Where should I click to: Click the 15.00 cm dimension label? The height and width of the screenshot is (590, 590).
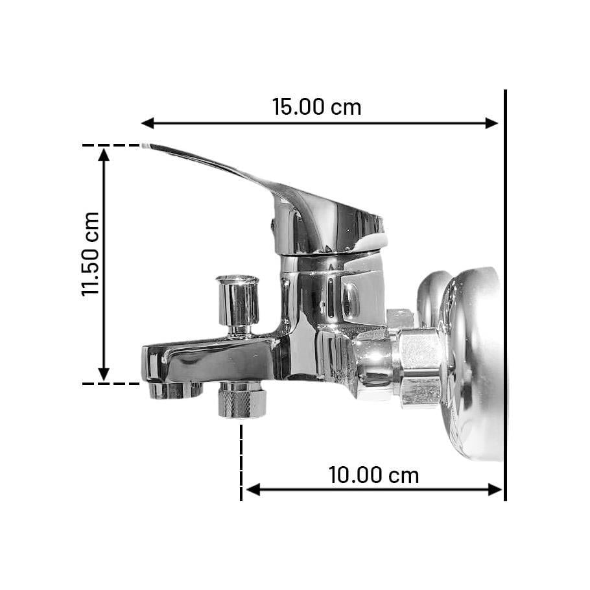(x=316, y=107)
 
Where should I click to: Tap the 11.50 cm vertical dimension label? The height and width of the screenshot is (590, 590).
(x=91, y=254)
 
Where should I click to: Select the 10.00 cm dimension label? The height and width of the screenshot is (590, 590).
(x=373, y=475)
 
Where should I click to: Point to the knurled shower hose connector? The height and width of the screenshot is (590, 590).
(x=242, y=400)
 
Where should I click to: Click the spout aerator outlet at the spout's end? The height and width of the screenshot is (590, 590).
(x=170, y=390)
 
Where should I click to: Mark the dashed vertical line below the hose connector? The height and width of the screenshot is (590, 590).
(x=241, y=460)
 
